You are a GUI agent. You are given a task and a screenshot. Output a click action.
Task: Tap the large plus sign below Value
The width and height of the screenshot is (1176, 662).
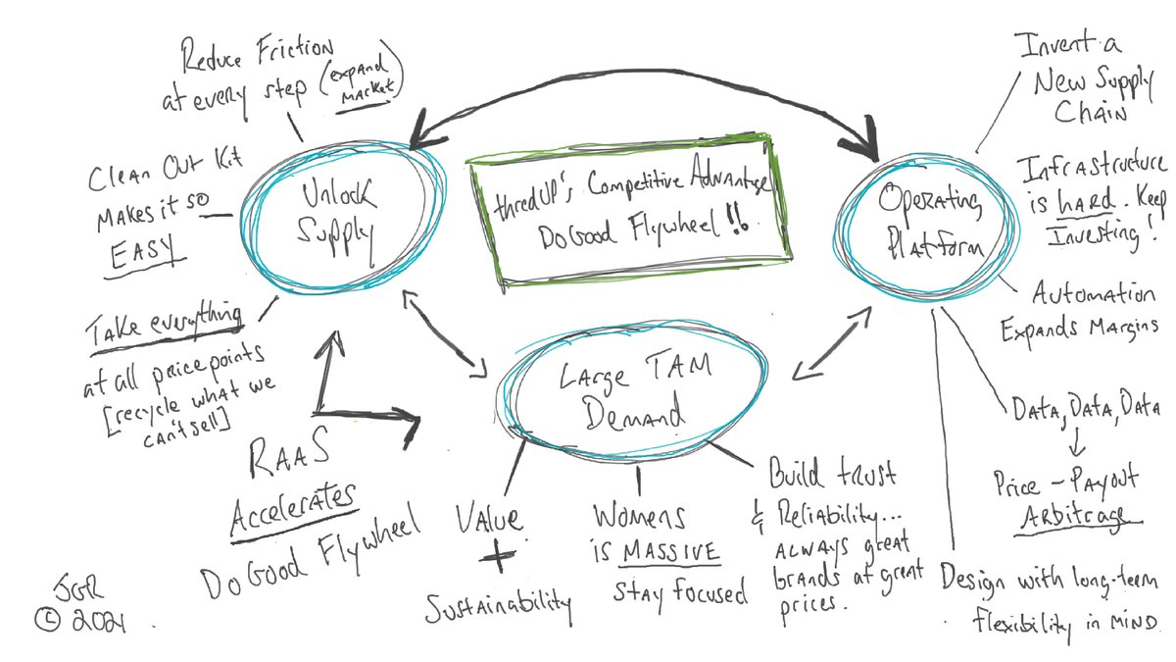499,556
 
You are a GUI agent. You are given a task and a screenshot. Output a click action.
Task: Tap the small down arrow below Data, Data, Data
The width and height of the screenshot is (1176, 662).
1072,446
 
